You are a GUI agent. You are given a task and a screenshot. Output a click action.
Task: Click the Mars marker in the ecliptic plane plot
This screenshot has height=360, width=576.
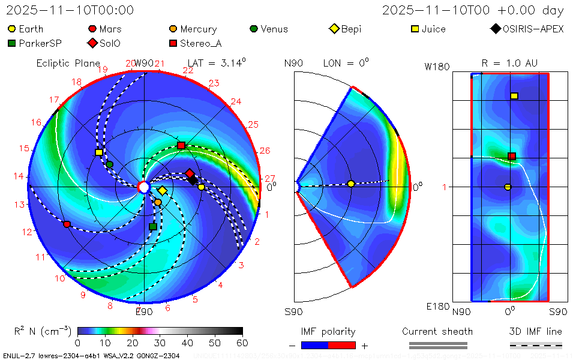click(x=67, y=224)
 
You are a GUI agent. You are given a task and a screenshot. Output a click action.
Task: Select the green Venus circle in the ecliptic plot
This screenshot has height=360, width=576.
click(x=110, y=164)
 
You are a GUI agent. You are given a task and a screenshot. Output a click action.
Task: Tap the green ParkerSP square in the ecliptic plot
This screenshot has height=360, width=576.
click(x=152, y=227)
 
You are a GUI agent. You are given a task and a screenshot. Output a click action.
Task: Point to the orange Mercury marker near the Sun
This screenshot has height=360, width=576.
click(x=158, y=202)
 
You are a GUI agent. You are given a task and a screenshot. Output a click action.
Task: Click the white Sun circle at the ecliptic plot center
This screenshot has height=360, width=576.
click(x=144, y=187)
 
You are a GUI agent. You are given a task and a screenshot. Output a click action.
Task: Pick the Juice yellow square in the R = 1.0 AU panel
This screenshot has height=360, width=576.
click(x=514, y=96)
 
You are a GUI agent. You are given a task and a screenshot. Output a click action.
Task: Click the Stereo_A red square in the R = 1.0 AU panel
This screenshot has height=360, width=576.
click(x=512, y=157)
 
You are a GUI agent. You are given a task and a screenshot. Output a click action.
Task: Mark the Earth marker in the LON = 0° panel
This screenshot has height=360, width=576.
click(x=351, y=184)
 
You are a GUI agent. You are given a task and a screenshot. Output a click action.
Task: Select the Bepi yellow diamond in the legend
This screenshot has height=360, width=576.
click(x=334, y=29)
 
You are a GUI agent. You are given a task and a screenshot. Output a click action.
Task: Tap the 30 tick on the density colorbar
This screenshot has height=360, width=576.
click(x=160, y=343)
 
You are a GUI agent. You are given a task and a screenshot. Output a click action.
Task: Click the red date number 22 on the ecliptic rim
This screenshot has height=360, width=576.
click(x=188, y=71)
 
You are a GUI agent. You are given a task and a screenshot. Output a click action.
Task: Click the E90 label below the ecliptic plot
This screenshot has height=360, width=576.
click(x=144, y=311)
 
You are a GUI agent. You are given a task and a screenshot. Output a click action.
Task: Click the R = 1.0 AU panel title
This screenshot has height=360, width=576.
click(x=509, y=63)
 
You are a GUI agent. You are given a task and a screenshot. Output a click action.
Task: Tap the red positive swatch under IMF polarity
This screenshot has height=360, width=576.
click(x=342, y=346)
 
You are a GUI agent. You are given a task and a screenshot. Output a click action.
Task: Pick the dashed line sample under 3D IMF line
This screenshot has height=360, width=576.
click(x=536, y=346)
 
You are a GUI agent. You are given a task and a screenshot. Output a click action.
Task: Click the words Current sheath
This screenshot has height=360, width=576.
click(x=437, y=331)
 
